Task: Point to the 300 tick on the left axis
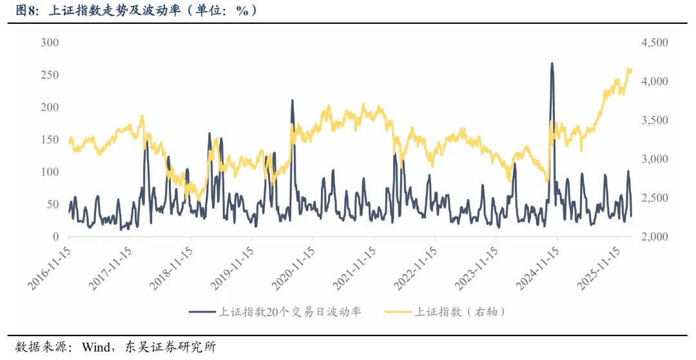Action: click(x=50, y=43)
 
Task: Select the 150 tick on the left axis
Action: click(x=50, y=140)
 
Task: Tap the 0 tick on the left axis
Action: click(x=55, y=237)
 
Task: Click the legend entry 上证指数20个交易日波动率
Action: click(x=289, y=312)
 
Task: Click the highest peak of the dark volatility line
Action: click(x=552, y=63)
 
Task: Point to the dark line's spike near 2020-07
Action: click(x=292, y=100)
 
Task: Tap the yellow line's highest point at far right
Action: click(x=628, y=68)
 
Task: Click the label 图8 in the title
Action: click(x=26, y=11)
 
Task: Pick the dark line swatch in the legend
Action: click(x=202, y=312)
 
